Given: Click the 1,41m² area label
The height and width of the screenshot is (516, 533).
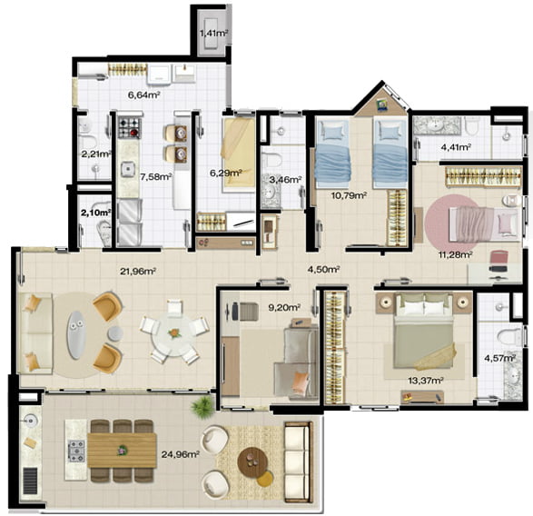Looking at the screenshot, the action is tap(213, 33).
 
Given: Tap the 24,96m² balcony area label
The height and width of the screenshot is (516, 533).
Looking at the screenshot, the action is tap(180, 454).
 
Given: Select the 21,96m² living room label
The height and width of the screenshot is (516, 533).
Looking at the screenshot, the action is tap(138, 271).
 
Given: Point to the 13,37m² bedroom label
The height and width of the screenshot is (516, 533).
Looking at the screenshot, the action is tap(425, 381).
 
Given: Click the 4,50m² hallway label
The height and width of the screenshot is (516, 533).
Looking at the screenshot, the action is tap(323, 269).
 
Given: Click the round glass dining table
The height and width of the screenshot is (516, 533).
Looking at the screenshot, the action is tap(174, 335).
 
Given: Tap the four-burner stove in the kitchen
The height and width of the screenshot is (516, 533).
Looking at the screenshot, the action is tap(130, 127).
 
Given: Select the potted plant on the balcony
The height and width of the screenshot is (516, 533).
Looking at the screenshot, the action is tap(202, 406).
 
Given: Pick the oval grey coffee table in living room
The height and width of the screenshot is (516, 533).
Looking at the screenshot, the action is tap(76, 334).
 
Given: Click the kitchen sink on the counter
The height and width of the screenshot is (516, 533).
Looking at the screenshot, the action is tap(128, 168).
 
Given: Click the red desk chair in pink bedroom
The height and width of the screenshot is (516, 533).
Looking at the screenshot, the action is tap(499, 261).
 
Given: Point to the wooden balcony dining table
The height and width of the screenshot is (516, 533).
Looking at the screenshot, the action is tap(122, 450).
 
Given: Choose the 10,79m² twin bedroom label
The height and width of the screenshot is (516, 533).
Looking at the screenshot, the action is tap(349, 195).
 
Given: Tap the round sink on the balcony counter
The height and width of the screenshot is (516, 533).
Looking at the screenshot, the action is tap(30, 421).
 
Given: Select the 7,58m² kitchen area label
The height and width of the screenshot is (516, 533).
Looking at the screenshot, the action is tap(155, 176).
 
